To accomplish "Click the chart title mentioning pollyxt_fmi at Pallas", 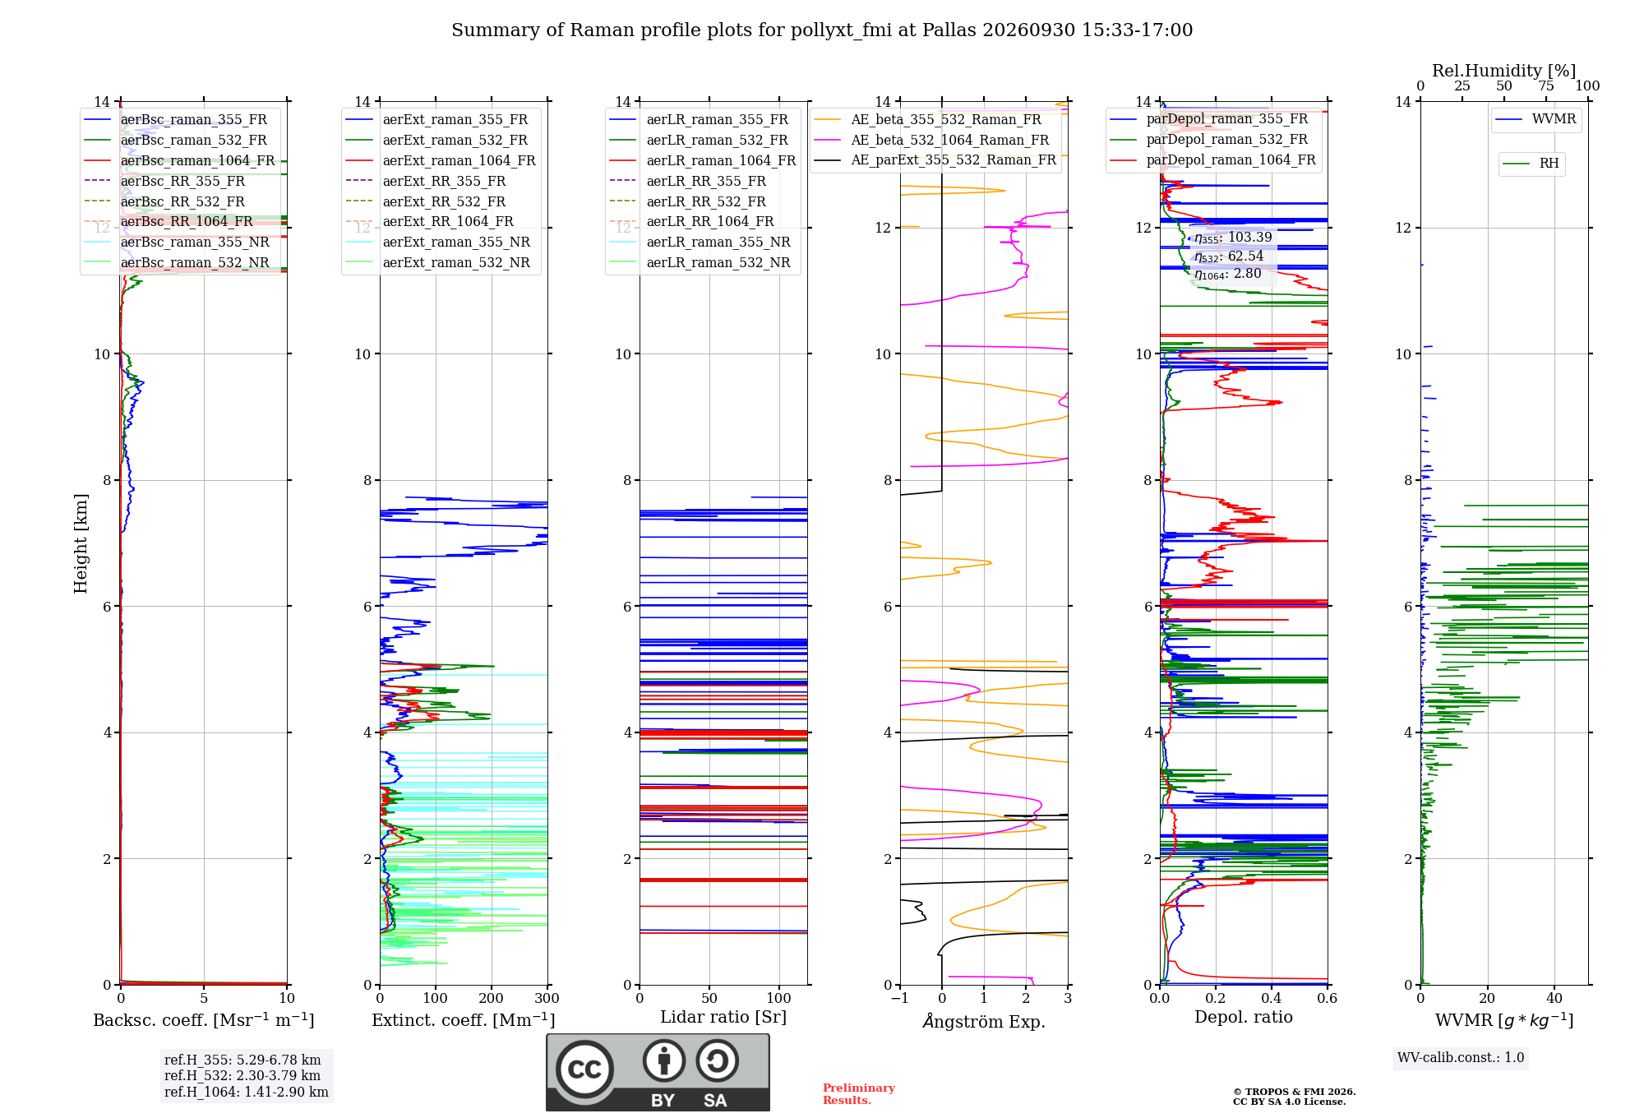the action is pyautogui.click(x=822, y=30).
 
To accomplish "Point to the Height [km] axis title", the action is pyautogui.click(x=81, y=543).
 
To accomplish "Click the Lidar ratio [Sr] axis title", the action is pyautogui.click(x=723, y=1017).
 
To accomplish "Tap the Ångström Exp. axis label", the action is pyautogui.click(x=984, y=1021).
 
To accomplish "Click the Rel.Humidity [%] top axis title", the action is pyautogui.click(x=1504, y=71).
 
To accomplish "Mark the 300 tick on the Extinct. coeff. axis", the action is pyautogui.click(x=547, y=999).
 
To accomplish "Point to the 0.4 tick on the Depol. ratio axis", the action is pyautogui.click(x=1272, y=999).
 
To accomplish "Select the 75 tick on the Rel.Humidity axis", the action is pyautogui.click(x=1546, y=85).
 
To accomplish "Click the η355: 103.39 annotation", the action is pyautogui.click(x=1233, y=238).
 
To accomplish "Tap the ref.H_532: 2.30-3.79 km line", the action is pyautogui.click(x=242, y=1075).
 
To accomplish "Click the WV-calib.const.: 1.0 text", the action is pyautogui.click(x=1461, y=1058).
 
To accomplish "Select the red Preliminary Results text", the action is pyautogui.click(x=859, y=1094).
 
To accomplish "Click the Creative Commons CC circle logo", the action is pyautogui.click(x=584, y=1069).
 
